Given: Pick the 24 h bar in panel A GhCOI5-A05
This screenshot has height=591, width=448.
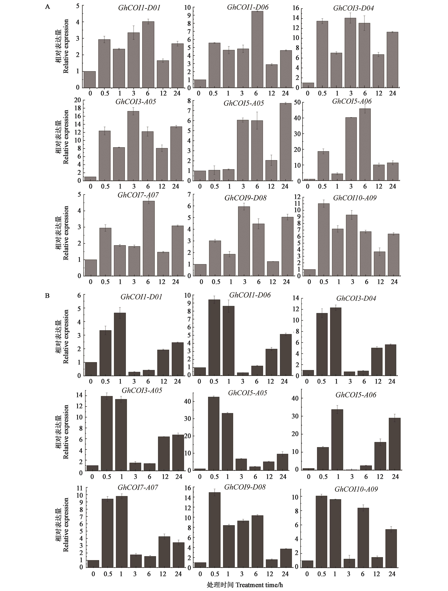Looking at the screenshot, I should point(285,142).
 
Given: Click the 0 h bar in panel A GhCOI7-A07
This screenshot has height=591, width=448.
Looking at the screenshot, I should point(91,268).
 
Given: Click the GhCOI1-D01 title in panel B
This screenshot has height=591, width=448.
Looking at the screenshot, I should point(141,297).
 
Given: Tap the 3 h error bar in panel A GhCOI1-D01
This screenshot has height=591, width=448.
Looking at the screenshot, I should point(133,33).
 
